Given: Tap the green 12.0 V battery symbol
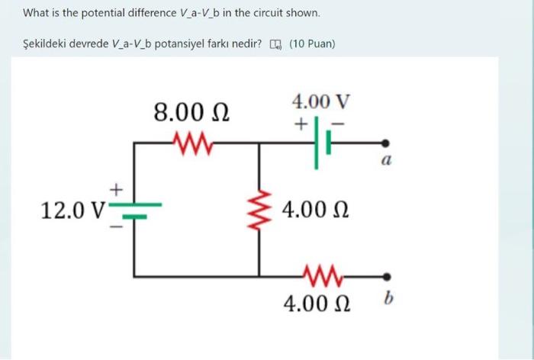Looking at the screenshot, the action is pos(135,207).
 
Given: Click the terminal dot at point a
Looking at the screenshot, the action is pos(387,143).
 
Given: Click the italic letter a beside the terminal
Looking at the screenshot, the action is pos(387,161).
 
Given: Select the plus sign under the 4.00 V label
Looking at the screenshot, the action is pos(302,123).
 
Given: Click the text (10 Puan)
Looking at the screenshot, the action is pos(312,43).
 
